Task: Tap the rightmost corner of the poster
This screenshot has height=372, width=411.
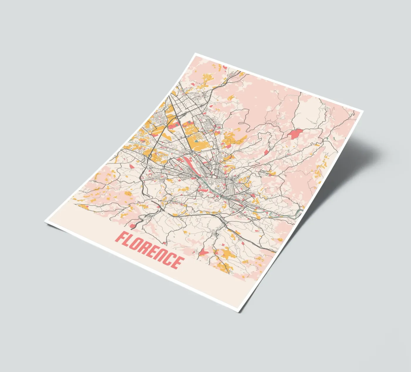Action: (x=363, y=111)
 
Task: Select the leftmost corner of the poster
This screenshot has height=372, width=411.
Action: (x=45, y=222)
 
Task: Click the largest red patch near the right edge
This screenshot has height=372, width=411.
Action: (x=296, y=134)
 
